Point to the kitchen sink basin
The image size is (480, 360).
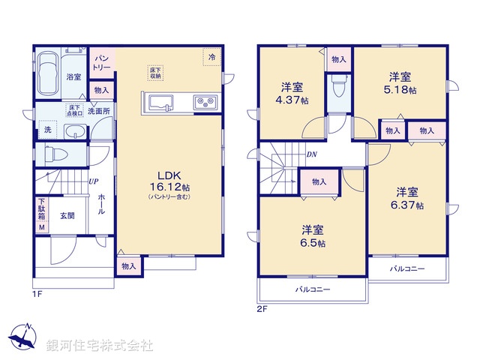(161, 103)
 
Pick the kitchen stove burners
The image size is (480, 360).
(205, 103)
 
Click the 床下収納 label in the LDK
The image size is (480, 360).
(155, 73)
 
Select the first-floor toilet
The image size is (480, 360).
(56, 156)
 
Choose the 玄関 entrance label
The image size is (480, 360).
(67, 216)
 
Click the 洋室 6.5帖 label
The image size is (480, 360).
(313, 235)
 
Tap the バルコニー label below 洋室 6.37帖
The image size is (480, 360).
(406, 268)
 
